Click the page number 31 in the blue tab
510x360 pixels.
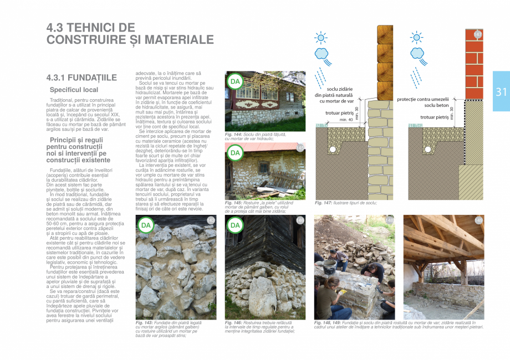pos(501,92)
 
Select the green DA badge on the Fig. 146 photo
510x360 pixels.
pos(235,225)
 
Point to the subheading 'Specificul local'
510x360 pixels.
pos(74,90)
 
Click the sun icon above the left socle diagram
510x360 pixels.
pos(321,38)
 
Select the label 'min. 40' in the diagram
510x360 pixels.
pos(346,120)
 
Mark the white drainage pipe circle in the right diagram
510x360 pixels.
pos(427,149)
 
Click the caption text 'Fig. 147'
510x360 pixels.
pos(324,203)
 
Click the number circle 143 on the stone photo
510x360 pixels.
pos(211,220)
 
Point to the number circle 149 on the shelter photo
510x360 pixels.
pos(478,220)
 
